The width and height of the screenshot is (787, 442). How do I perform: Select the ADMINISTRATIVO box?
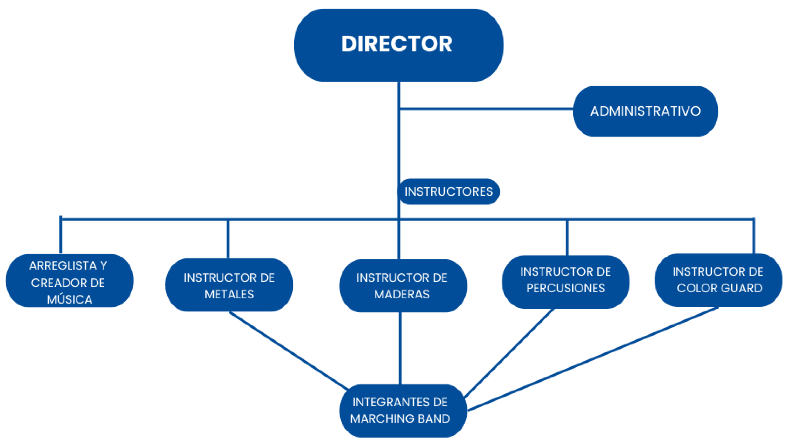(x=645, y=111)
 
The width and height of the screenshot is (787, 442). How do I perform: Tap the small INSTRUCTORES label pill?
(x=448, y=192)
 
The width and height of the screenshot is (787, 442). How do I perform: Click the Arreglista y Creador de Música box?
(x=69, y=281)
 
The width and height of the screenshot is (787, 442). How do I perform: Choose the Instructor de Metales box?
(x=229, y=285)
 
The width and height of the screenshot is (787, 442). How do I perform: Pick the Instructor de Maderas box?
(x=403, y=286)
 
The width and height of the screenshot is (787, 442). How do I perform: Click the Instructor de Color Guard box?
(x=718, y=280)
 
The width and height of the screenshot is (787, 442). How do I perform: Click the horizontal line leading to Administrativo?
(x=486, y=109)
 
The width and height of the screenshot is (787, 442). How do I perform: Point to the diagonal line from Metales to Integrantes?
(x=289, y=351)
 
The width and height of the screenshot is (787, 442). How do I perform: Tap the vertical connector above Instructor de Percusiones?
(x=567, y=237)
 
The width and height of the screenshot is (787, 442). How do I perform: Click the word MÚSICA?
(x=69, y=299)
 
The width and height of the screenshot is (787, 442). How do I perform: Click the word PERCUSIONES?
(x=566, y=288)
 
